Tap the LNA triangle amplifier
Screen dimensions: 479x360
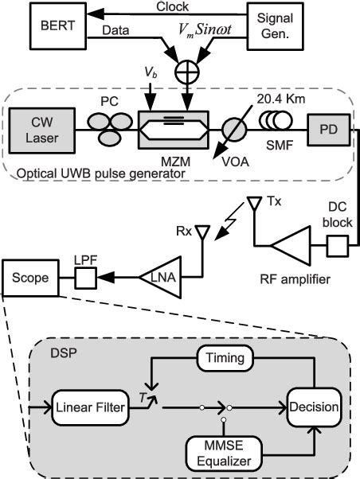coord(158,276)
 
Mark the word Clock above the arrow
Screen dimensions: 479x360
coord(178,8)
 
